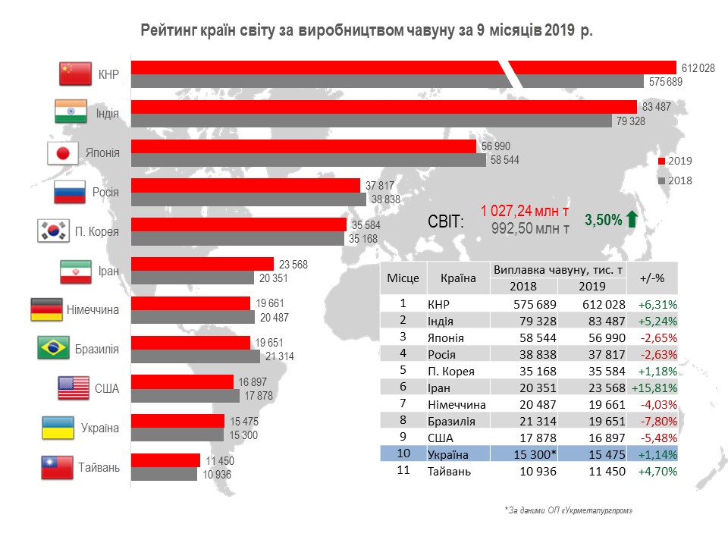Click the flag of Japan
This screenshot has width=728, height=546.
point(63,152)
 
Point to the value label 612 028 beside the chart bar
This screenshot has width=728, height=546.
point(698,67)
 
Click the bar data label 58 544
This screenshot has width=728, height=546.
point(506,160)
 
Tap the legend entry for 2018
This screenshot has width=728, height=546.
point(674,180)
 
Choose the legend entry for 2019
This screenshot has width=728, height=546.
point(674,161)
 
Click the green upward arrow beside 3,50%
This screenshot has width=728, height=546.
point(632,220)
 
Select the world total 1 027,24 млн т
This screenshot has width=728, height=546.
point(525,211)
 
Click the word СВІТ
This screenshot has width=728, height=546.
point(446,221)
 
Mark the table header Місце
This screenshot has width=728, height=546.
point(403,278)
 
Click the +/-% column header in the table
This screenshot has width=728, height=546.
point(652,278)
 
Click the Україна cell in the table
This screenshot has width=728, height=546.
point(449,454)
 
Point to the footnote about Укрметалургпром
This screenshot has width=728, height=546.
point(569,511)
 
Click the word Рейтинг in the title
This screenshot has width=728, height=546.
point(168,31)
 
